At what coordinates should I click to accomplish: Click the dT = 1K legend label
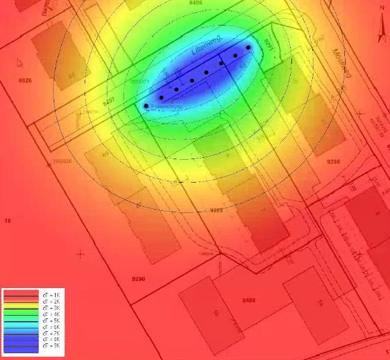[x=51, y=296]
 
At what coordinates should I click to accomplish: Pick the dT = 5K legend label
[x=51, y=320]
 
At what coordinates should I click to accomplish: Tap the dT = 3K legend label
[x=51, y=308]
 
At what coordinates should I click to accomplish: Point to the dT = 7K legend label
[x=51, y=333]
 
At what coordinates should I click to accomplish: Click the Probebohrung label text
[x=164, y=107]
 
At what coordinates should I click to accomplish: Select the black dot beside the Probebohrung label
[x=146, y=106]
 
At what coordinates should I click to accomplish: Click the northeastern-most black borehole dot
[x=248, y=48]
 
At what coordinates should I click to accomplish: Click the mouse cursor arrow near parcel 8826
[x=19, y=62]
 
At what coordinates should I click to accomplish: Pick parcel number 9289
[x=216, y=210]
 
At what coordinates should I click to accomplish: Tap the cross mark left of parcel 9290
[x=81, y=254]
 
